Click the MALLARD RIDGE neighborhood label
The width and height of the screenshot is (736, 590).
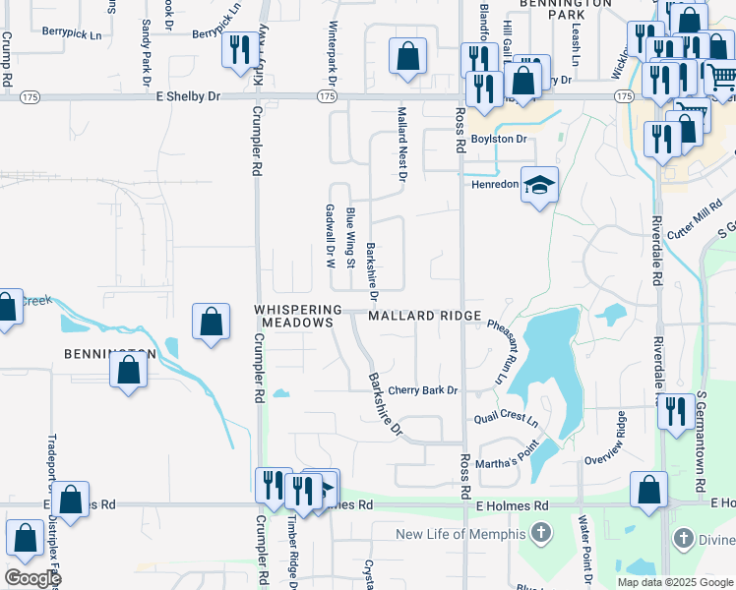pos(425,316)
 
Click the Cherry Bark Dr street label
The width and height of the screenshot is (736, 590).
pos(423,390)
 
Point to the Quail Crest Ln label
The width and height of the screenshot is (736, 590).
pos(506,420)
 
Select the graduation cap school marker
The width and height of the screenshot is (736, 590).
pos(538,185)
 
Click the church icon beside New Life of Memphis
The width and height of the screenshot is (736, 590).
pos(538,534)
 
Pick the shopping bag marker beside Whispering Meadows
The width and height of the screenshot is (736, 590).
pos(212,321)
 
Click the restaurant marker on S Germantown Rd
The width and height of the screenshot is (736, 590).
pos(676,410)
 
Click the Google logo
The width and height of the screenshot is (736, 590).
pos(31,578)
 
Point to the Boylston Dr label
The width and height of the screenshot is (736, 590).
pos(499,139)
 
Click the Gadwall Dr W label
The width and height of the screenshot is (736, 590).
pos(330,236)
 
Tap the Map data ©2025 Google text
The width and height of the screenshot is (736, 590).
pos(674,582)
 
